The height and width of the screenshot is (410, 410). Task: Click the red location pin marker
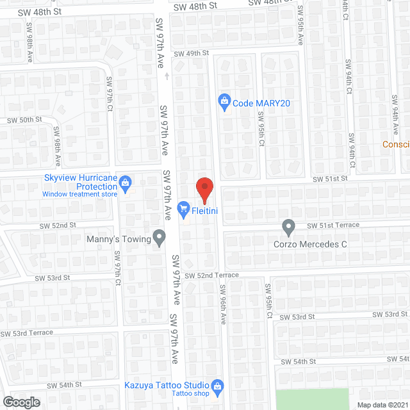[204, 188]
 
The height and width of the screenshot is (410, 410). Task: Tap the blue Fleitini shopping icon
[184, 208]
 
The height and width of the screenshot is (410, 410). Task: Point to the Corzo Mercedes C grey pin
[288, 227]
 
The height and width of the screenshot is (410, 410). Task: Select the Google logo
[21, 402]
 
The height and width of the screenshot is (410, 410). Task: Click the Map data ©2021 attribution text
[382, 405]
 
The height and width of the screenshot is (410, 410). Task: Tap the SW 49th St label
[192, 54]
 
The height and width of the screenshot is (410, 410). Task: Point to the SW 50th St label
[24, 120]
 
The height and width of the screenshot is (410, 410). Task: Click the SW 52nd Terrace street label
[211, 275]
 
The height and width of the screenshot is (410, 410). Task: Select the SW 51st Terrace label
[332, 225]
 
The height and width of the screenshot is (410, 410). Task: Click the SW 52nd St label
[58, 225]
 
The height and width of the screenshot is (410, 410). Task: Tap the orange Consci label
[396, 144]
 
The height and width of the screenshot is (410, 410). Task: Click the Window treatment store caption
[80, 194]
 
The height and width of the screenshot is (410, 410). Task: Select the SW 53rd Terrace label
[26, 333]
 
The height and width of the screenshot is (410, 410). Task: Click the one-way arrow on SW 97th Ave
[166, 76]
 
